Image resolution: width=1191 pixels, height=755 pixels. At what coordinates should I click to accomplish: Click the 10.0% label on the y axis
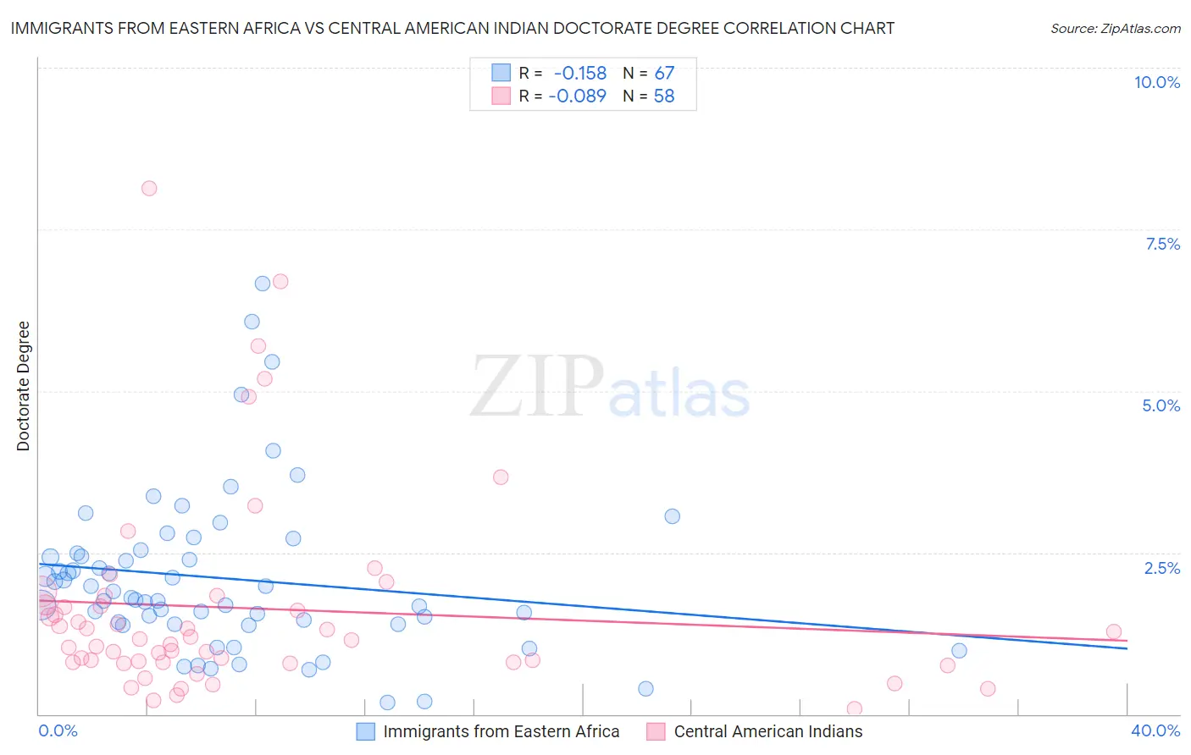pos(1156,82)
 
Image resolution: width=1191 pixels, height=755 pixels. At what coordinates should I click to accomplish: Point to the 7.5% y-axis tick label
pos(1162,244)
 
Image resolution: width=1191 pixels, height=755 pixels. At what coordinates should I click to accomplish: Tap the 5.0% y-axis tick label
pos(1161,405)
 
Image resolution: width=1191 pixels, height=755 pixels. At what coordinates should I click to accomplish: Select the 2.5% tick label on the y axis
pos(1161,568)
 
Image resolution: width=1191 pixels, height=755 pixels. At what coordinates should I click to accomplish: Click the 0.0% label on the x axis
pos(58,730)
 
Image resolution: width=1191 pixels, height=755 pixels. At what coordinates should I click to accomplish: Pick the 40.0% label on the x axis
pos(1155,730)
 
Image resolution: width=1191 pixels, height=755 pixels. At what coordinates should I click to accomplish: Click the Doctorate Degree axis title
pos(24,386)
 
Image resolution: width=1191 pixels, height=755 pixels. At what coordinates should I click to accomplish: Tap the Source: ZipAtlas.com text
pos(1115,29)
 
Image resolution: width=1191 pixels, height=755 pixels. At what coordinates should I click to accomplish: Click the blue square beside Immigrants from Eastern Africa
pos(365,731)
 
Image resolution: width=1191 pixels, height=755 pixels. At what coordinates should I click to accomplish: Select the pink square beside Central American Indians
pos(656,731)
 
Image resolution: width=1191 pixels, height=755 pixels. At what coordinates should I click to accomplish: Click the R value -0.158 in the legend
pos(579,74)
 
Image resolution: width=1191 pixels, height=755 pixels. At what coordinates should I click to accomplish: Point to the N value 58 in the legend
pos(664,96)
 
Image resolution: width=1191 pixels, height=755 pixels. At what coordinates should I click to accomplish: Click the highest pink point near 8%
pos(149,188)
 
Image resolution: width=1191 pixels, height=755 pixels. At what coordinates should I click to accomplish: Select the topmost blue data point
pos(263,284)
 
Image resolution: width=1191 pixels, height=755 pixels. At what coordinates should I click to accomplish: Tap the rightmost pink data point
pos(1114,631)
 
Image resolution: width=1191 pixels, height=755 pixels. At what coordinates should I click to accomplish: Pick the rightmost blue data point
pos(959,650)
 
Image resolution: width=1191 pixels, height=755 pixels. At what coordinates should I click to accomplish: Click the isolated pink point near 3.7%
pos(501,477)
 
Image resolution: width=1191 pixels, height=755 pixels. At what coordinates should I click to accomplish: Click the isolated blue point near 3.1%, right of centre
pos(672,516)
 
